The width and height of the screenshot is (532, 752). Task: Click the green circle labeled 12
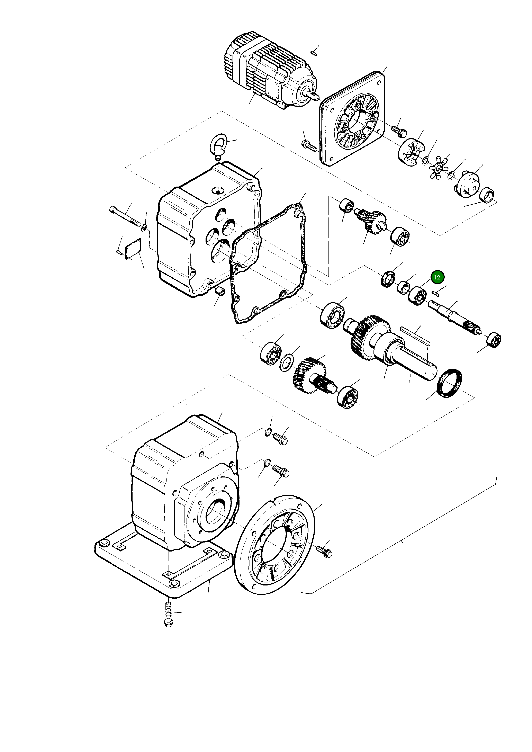pyautogui.click(x=437, y=277)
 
